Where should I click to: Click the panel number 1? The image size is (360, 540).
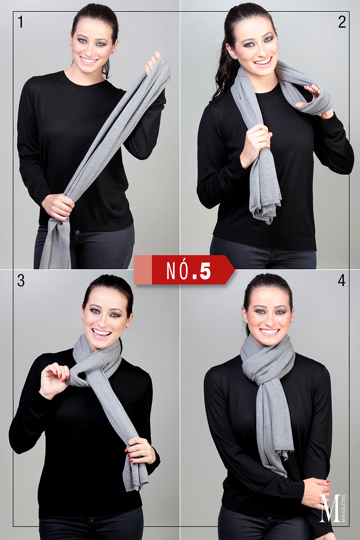pos(21,22)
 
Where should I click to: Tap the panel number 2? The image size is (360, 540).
pos(342,22)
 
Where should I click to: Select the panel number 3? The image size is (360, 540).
pos(21,280)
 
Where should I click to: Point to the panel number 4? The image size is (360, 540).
pos(341,280)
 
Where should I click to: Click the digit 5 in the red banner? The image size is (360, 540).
pos(205,271)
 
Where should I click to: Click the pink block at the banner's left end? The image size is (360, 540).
pos(143,270)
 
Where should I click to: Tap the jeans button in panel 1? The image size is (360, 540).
pos(78,232)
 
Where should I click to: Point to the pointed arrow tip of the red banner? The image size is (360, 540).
pos(235,270)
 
